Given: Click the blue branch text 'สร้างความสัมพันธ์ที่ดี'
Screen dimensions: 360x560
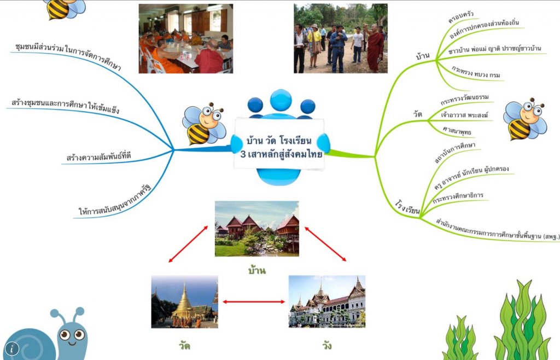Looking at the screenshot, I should point(98,158).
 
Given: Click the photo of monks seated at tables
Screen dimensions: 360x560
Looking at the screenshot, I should point(185,39).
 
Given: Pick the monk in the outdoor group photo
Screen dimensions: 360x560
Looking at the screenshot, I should point(375,49).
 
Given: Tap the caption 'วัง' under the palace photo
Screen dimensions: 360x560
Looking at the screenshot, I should point(327,346).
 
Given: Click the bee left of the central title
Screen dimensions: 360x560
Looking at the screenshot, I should point(203,124).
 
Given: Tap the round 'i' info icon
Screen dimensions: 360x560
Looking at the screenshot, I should point(11,349).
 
